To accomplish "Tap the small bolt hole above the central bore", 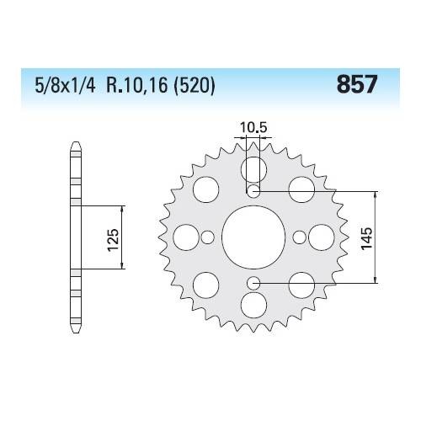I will tap(253, 192).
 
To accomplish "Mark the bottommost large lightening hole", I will tap(253, 305).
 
